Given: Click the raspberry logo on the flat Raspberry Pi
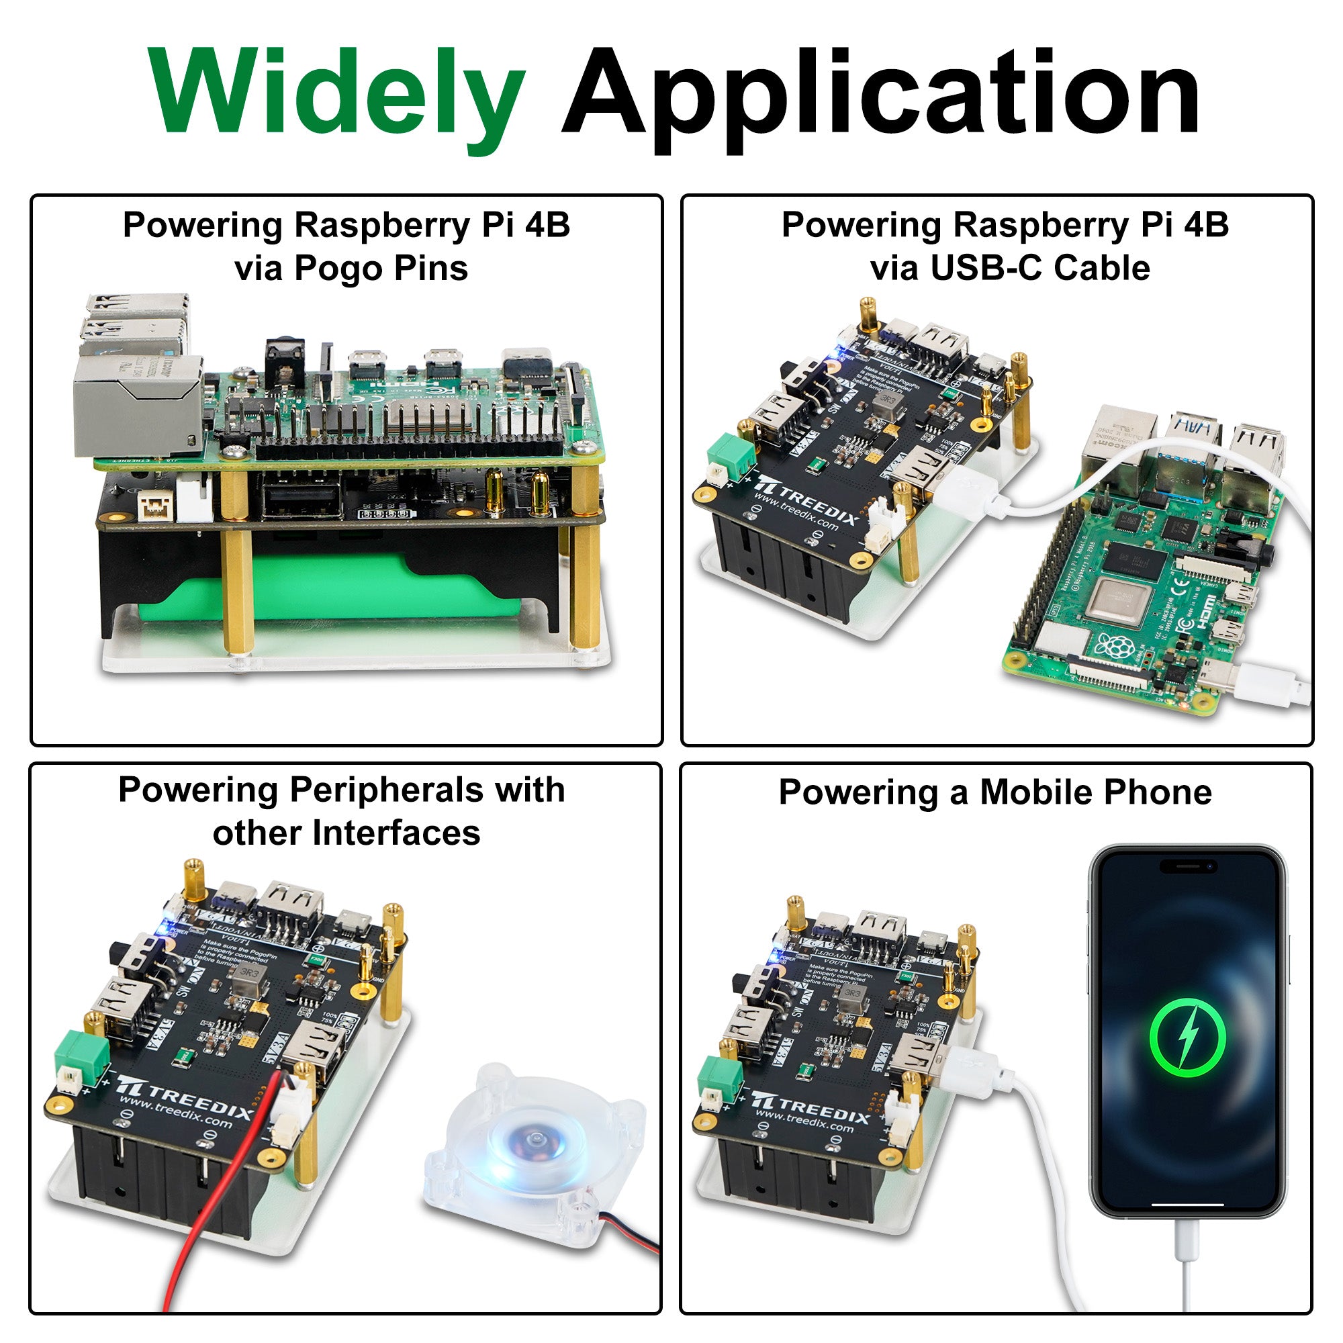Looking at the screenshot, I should (x=1112, y=647).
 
